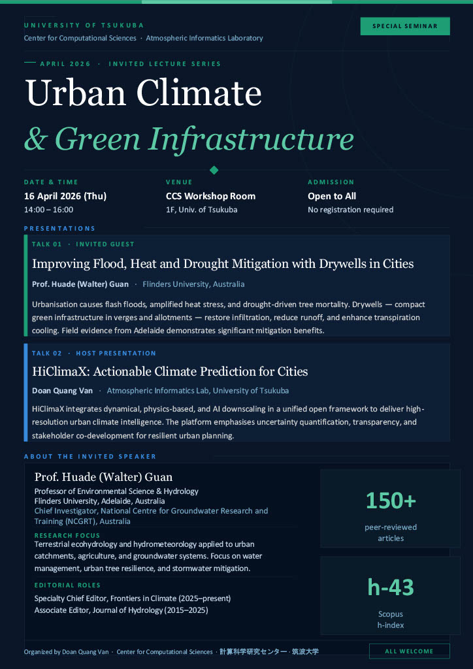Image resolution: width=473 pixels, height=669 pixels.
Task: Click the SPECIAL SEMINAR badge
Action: (405, 26)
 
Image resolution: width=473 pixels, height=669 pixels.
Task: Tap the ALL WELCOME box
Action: (409, 651)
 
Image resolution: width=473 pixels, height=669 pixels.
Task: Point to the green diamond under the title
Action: (214, 171)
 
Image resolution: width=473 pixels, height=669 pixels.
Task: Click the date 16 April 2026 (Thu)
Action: (65, 196)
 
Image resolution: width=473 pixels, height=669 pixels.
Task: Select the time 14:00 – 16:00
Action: (49, 210)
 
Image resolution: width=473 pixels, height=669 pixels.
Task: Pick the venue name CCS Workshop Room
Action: (210, 196)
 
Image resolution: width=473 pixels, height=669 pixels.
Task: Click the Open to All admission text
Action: (332, 196)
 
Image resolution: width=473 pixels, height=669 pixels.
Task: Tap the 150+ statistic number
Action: (391, 500)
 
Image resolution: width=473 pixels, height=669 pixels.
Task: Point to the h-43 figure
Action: (391, 587)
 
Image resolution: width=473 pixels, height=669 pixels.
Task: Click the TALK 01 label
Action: (46, 244)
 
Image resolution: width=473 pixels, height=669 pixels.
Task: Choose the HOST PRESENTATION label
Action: (116, 353)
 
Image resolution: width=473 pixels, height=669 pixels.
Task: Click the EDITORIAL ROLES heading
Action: (67, 585)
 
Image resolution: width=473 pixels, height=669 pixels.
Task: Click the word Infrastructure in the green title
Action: (252, 139)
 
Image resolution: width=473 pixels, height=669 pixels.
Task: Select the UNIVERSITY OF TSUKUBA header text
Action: (84, 25)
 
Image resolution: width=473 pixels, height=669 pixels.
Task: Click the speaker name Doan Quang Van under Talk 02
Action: (62, 391)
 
